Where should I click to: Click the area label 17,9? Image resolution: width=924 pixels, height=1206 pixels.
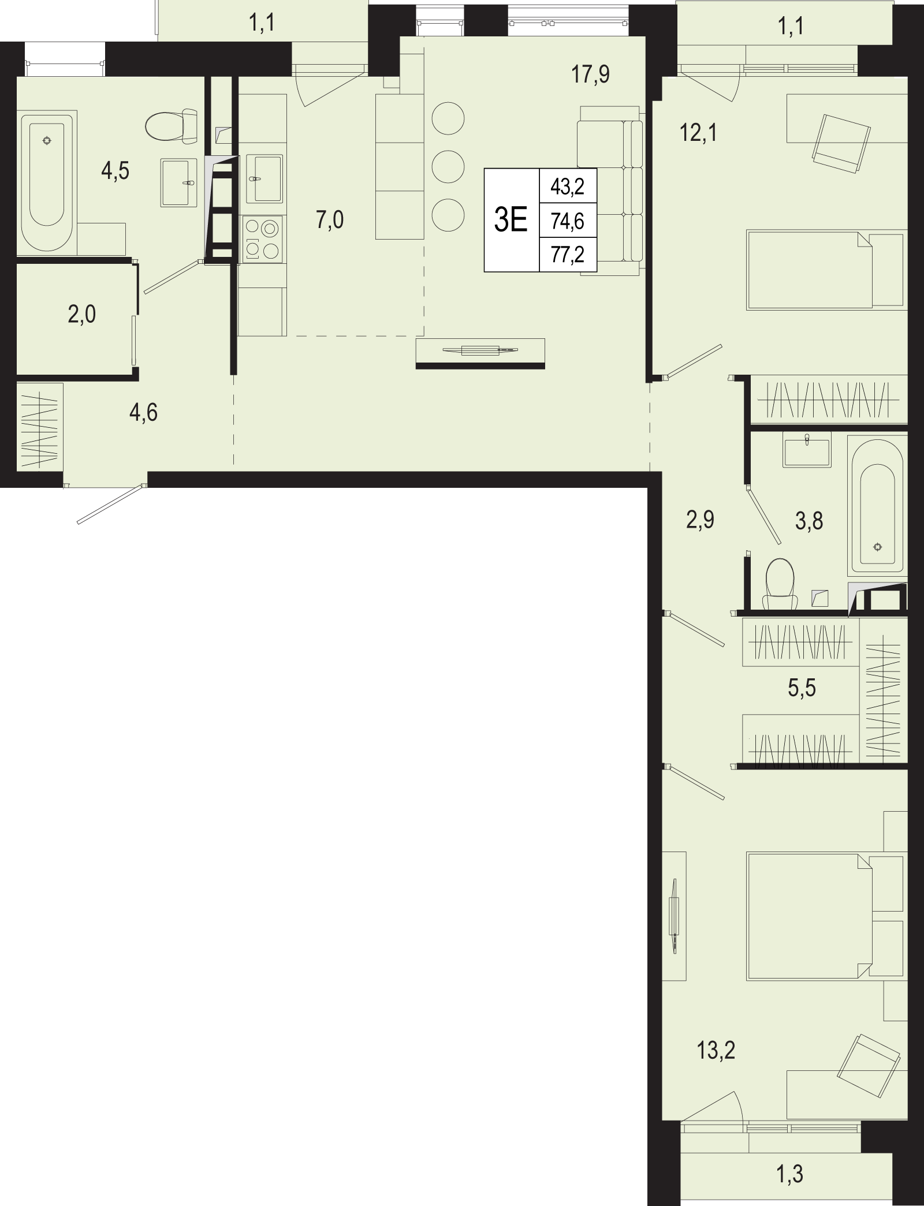click(x=591, y=74)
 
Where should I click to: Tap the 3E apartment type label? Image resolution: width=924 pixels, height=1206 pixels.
click(x=511, y=220)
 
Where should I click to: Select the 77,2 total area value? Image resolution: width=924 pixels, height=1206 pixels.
click(x=568, y=254)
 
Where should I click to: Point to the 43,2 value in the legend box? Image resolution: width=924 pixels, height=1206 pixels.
click(x=568, y=186)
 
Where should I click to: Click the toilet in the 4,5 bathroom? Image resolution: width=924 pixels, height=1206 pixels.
click(x=173, y=125)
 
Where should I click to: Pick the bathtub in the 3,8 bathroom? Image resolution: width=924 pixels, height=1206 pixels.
click(x=877, y=505)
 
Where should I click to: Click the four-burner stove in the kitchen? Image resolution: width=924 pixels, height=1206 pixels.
click(x=263, y=237)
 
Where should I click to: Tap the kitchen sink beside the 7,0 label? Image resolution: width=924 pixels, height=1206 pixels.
click(x=264, y=178)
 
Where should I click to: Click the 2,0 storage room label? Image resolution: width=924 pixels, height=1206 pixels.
click(x=82, y=315)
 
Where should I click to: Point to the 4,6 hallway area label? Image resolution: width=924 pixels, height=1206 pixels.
click(x=144, y=413)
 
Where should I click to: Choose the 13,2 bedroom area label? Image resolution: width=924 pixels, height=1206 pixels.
click(x=716, y=1051)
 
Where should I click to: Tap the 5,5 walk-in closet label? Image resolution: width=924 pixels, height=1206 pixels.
click(x=802, y=688)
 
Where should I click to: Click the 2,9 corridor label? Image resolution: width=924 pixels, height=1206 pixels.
click(x=700, y=520)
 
